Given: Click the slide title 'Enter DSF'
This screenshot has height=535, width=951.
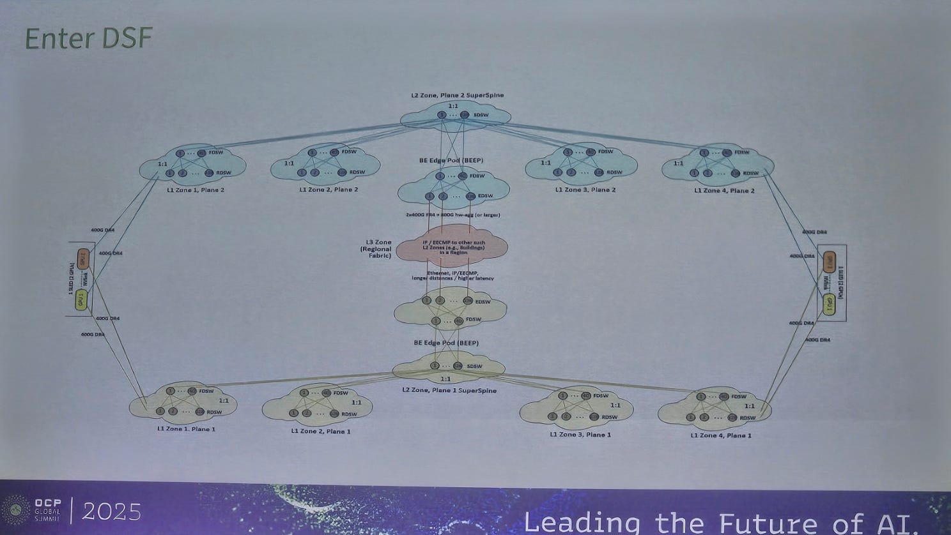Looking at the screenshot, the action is pyautogui.click(x=89, y=39).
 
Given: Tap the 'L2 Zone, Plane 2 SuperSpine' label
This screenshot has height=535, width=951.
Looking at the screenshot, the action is pyautogui.click(x=457, y=95).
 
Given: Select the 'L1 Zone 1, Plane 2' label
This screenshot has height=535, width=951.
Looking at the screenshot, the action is pyautogui.click(x=196, y=190).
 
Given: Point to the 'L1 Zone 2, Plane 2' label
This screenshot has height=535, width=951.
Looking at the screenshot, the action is pyautogui.click(x=329, y=190).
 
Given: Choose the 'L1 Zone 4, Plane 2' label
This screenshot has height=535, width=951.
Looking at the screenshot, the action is pyautogui.click(x=724, y=190).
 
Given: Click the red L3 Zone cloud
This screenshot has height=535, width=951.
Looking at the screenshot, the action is pyautogui.click(x=452, y=247).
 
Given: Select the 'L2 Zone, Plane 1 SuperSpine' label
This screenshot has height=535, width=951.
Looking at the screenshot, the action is pyautogui.click(x=449, y=390).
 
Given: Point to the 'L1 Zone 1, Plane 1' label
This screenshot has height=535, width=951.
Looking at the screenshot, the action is pyautogui.click(x=186, y=429).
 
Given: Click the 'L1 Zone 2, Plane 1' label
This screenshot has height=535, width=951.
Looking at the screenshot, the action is pyautogui.click(x=321, y=431).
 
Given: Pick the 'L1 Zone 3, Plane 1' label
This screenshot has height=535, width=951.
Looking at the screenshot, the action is pyautogui.click(x=580, y=434).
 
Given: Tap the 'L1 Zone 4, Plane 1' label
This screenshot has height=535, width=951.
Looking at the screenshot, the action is pyautogui.click(x=721, y=435).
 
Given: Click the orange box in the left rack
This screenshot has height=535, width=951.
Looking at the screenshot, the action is pyautogui.click(x=83, y=259).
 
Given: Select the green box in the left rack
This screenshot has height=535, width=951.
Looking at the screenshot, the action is pyautogui.click(x=81, y=299).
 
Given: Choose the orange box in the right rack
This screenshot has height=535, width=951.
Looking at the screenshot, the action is pyautogui.click(x=829, y=261).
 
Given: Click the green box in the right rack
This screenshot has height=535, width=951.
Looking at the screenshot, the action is pyautogui.click(x=828, y=303).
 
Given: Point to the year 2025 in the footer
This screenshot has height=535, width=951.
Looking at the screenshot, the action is pyautogui.click(x=111, y=511).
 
